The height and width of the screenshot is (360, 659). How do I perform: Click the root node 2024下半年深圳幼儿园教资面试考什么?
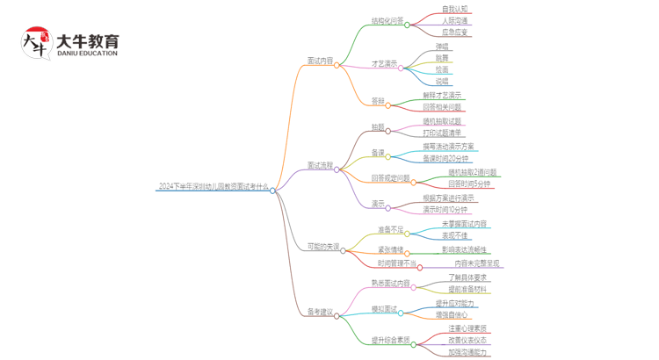213,187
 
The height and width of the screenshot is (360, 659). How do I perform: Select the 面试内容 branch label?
320,61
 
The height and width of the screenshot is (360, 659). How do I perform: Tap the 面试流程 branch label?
320,165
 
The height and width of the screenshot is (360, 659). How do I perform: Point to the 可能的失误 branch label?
322,247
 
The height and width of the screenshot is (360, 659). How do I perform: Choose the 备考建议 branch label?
320,312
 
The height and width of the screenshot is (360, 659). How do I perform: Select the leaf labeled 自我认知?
454,10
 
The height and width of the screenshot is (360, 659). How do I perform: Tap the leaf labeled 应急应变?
454,32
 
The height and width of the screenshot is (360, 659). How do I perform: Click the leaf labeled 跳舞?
441,57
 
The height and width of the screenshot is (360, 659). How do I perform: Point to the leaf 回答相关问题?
441,107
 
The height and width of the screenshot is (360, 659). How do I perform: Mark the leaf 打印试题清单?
441,133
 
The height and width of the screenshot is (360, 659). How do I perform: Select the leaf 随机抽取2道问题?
472,172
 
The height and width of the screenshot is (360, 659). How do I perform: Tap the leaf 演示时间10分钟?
445,210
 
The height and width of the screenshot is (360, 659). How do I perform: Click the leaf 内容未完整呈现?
477,263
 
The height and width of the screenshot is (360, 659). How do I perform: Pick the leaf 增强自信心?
454,314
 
